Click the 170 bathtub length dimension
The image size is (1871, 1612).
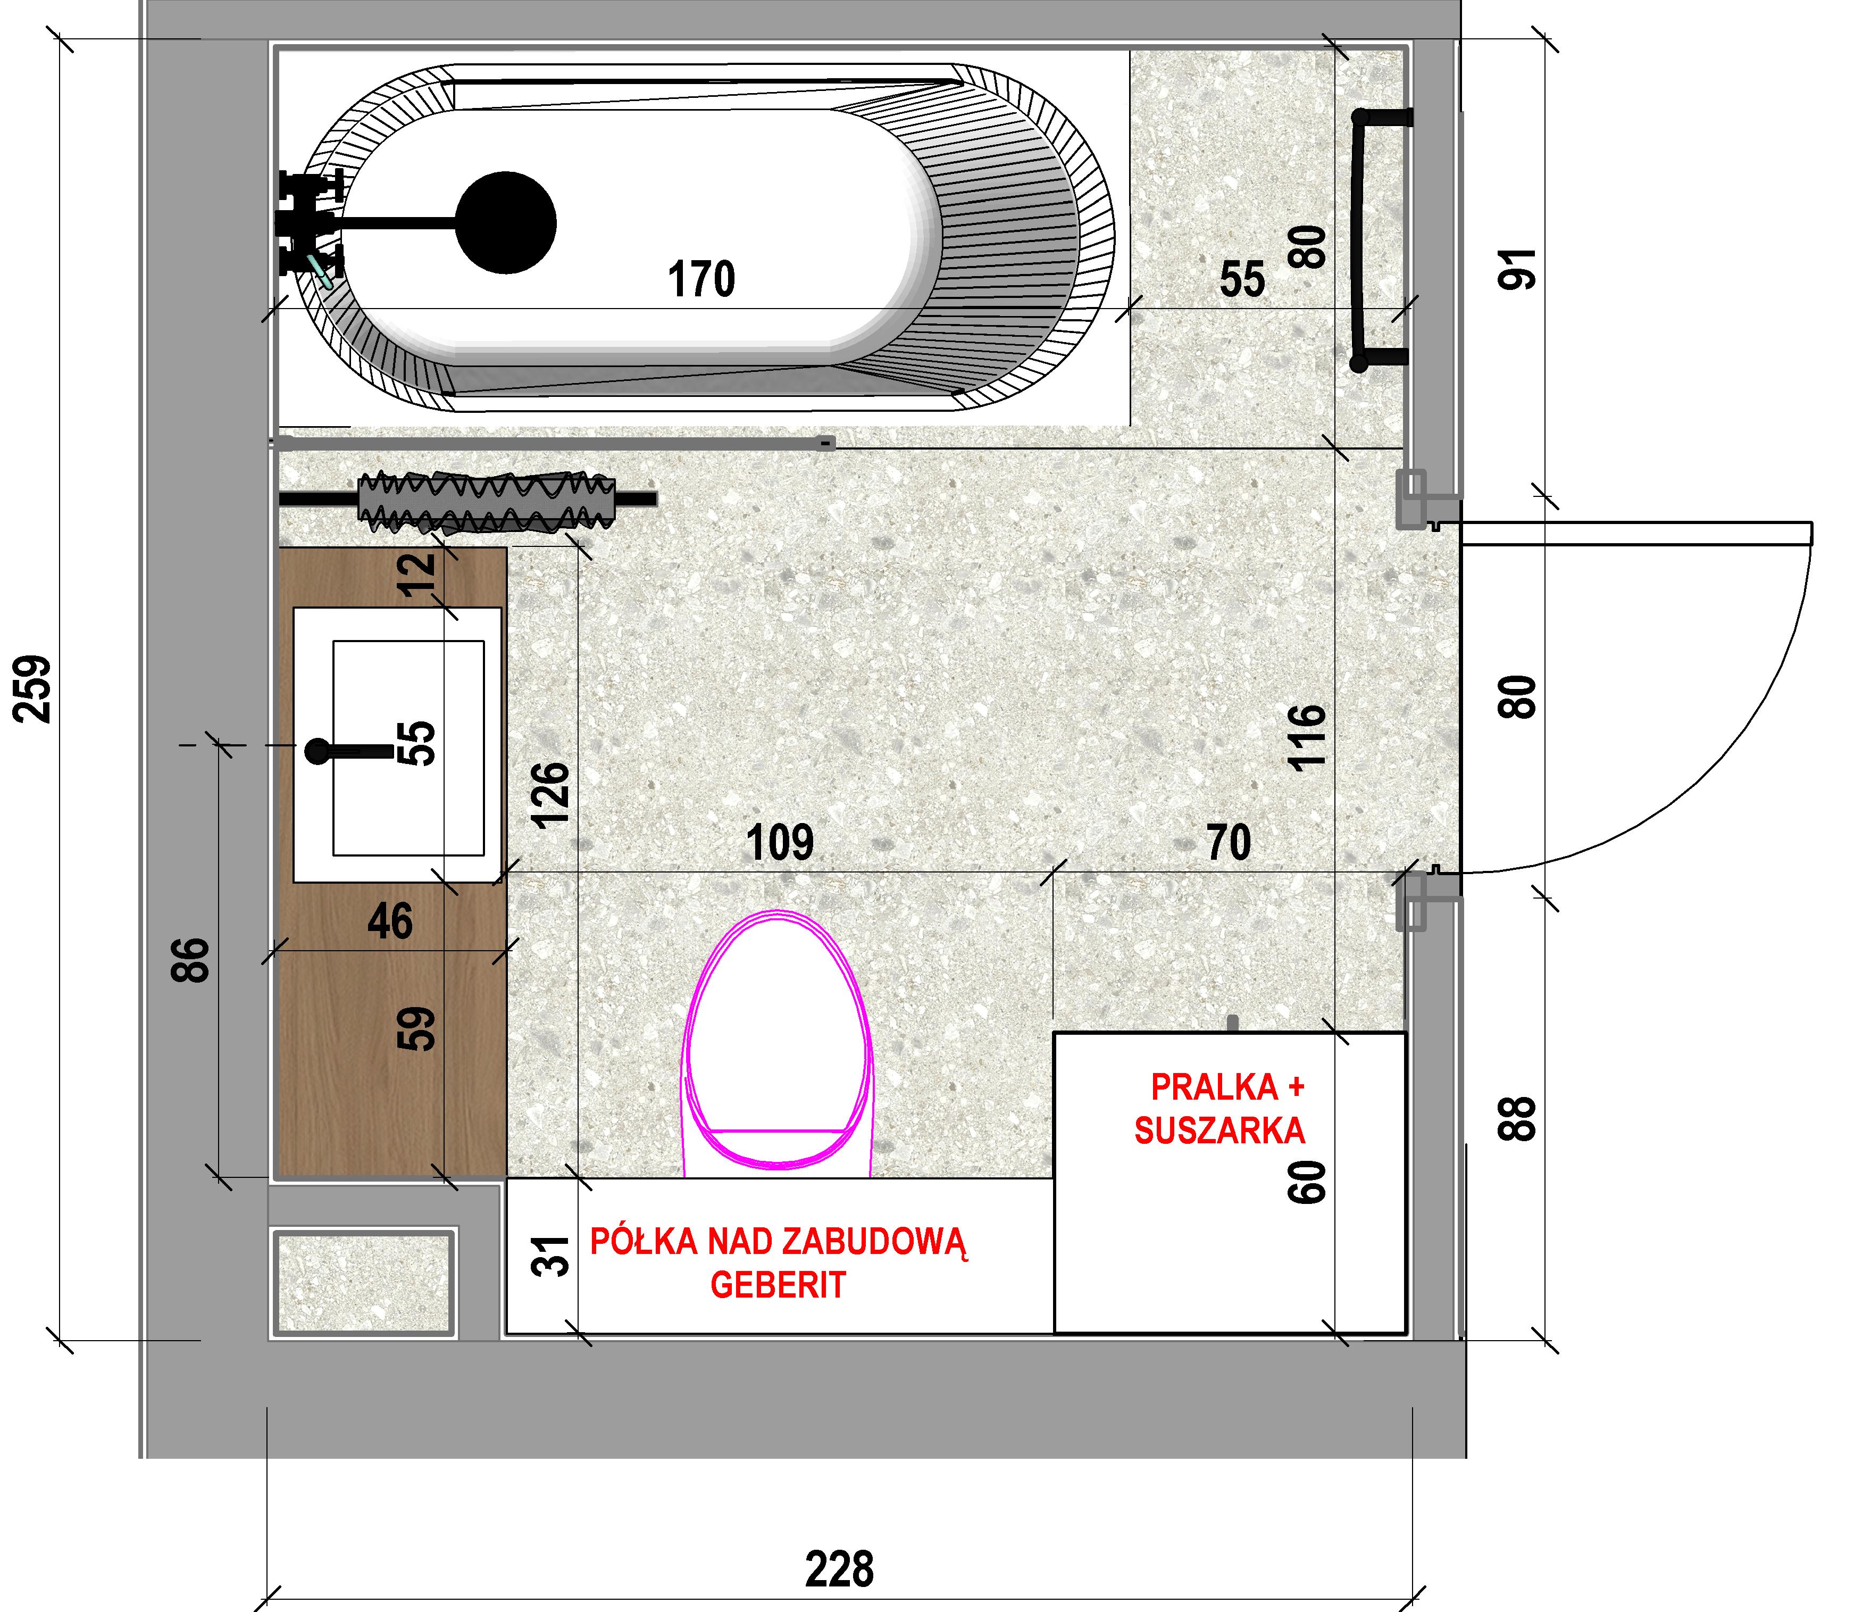tap(701, 279)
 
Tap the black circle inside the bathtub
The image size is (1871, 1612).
tap(506, 222)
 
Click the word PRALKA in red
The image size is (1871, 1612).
tap(1215, 1087)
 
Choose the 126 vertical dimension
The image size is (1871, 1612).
tap(551, 795)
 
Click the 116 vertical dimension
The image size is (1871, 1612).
tap(1308, 737)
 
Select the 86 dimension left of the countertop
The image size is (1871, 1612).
tap(191, 959)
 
